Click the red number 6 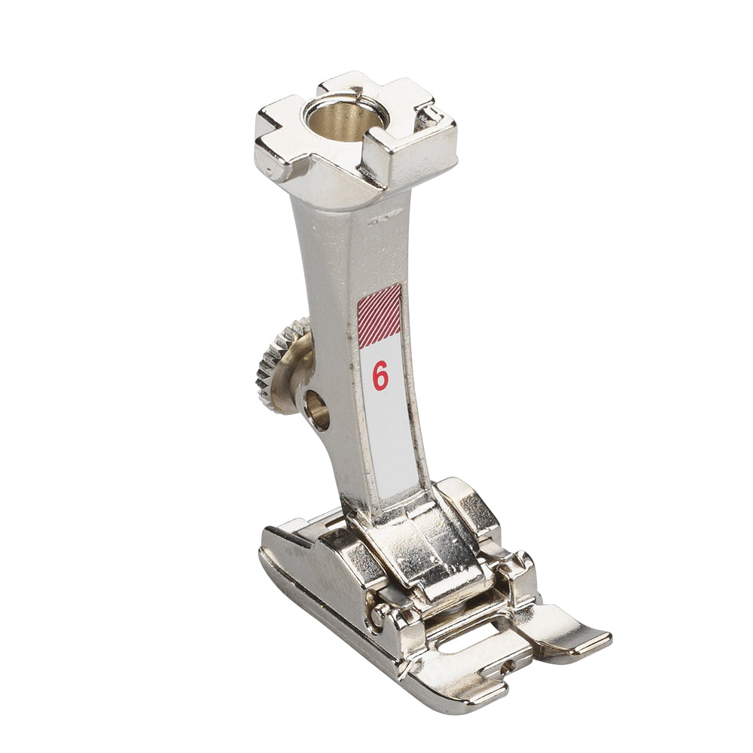tap(380, 376)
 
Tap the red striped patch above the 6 tap(380, 315)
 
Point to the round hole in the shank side tap(318, 409)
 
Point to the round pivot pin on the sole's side tap(380, 614)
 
